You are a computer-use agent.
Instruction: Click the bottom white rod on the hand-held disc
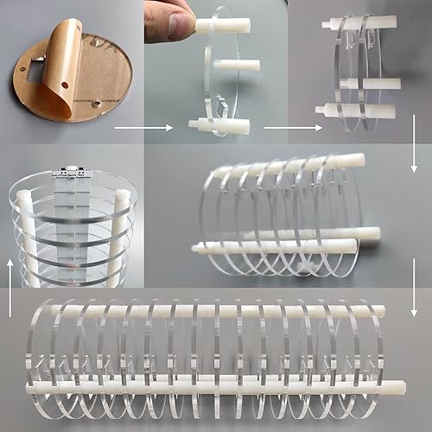[226, 127]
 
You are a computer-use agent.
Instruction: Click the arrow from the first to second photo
[131, 130]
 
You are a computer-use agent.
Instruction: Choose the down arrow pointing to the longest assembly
[415, 298]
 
